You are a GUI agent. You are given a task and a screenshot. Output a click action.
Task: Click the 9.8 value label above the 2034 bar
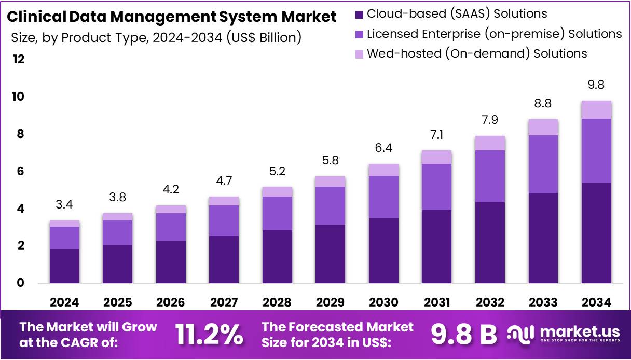coord(596,85)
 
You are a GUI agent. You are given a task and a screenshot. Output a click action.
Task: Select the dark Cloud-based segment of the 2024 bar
coord(64,266)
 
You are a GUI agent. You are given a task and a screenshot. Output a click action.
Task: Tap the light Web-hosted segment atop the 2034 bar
coord(596,109)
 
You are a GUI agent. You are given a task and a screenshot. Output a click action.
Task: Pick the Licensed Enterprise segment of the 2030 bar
coord(383,197)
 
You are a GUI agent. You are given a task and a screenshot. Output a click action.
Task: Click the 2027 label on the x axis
coord(224,302)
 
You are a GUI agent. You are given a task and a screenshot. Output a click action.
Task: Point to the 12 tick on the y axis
coord(19,60)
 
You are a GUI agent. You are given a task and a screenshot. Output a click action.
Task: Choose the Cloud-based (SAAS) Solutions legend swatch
coord(360,14)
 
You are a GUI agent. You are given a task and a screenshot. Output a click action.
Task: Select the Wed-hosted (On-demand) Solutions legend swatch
coord(360,53)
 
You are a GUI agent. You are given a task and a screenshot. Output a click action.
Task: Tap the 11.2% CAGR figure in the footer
coord(209,335)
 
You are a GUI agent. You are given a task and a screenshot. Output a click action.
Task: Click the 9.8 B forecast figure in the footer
coord(463,335)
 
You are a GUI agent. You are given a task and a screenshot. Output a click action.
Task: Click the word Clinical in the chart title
coord(35,17)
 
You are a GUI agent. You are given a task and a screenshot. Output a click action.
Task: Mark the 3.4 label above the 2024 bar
coord(64,204)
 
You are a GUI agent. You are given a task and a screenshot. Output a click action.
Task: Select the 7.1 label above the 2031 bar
coord(436,135)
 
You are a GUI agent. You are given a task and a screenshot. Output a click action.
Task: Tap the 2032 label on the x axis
coord(489,302)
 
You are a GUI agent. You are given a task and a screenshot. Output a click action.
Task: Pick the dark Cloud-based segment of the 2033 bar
coord(543,238)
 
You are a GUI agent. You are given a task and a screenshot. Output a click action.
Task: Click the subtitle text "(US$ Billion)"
coord(264,37)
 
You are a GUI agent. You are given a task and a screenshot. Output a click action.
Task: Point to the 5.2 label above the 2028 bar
coord(277,171)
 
